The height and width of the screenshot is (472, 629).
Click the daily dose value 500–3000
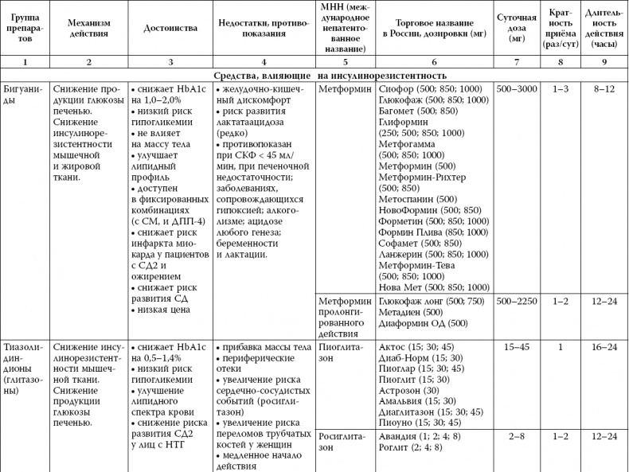tap(516, 89)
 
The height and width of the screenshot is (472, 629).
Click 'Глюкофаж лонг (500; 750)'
tap(431, 302)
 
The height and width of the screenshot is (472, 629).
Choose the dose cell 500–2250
tap(516, 302)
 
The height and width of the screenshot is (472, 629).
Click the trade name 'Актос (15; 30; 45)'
tap(419, 347)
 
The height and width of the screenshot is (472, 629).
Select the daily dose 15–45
tap(516, 347)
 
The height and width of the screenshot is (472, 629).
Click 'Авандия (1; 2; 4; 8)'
tap(423, 435)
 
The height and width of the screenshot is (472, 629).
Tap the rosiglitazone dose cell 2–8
tap(516, 435)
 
